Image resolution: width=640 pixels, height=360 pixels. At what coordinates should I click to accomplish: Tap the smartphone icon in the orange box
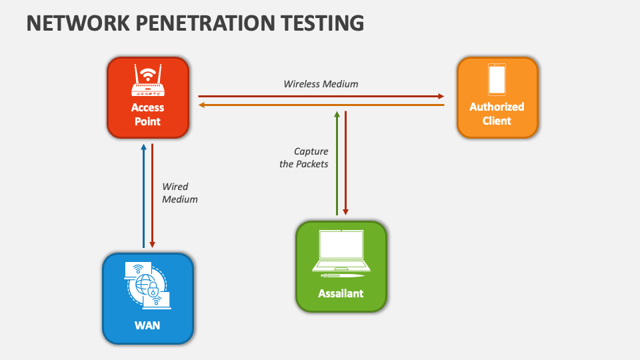point(497,79)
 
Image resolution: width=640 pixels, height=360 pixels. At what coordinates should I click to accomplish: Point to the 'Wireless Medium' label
point(321,84)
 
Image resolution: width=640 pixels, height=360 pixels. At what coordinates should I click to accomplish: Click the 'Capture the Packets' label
point(304,157)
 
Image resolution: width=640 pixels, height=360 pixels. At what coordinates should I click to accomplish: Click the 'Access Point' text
point(147,114)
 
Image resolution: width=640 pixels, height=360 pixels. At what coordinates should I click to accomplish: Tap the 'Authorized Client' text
point(497,113)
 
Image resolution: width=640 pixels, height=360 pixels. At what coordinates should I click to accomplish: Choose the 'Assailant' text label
point(341,293)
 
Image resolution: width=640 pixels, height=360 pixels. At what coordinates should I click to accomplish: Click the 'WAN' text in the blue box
point(147,325)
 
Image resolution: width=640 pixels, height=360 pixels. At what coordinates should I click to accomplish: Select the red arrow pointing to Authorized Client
point(321,96)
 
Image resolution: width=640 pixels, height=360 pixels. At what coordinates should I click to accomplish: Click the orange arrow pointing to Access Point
point(321,105)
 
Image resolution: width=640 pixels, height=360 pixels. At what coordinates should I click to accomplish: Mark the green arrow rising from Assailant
point(337,163)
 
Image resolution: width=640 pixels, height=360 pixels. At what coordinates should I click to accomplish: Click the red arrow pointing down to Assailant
point(345,163)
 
